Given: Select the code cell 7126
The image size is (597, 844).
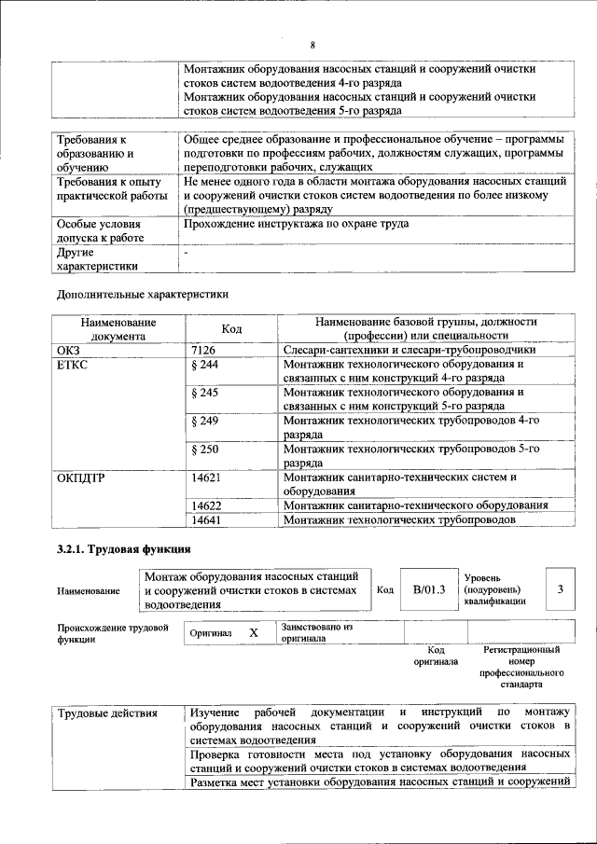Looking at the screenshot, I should tap(204, 349).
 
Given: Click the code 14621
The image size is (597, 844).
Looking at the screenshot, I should tap(205, 477).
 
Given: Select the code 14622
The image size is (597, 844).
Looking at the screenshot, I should tap(205, 505).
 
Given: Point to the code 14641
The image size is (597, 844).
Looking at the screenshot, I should tap(205, 519).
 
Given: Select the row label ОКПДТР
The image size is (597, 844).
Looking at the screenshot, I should tap(81, 477).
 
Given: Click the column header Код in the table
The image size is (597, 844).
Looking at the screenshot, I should tap(231, 328).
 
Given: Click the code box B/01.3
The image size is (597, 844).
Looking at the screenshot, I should tap(429, 589).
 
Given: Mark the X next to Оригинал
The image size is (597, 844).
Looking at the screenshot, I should tap(253, 633).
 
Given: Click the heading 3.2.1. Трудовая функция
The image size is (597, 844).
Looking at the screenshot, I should tap(124, 549).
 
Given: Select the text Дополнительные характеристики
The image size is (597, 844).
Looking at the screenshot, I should tap(143, 294).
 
